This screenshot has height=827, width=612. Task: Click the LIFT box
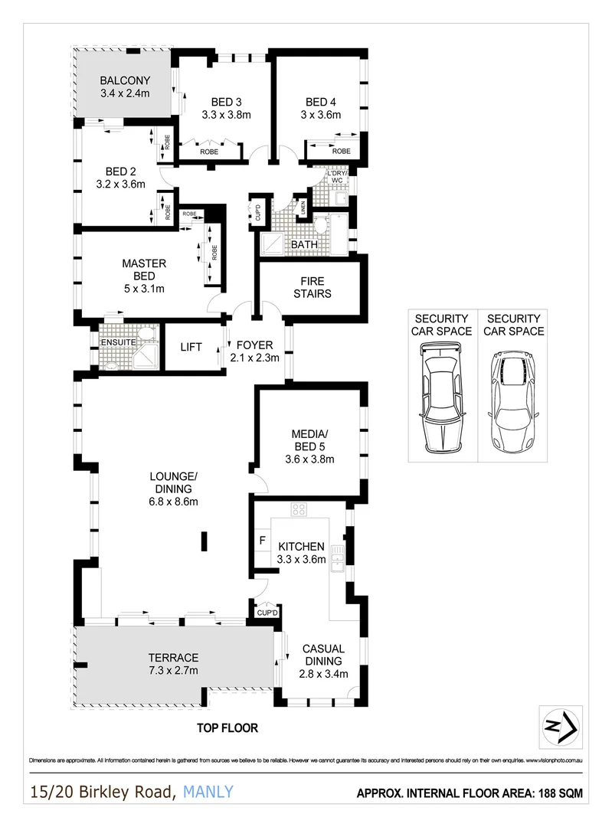pos(191,347)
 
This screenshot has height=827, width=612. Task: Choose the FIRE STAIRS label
pos(312,287)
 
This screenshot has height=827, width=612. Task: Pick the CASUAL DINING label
pos(322,655)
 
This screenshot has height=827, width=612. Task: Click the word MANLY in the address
pos(208,792)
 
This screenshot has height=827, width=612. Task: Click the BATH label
pos(304,244)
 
